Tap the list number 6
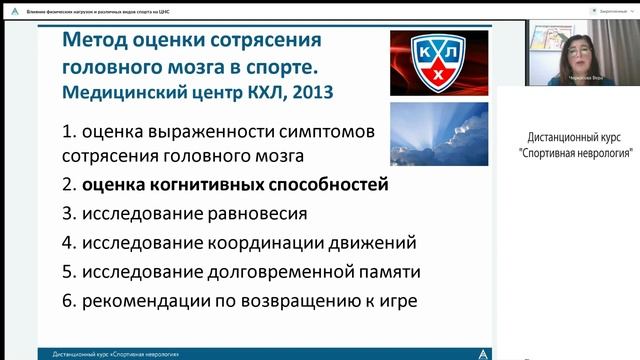pos(68,300)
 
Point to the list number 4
pos(68,242)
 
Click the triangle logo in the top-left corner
pos(13,6)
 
